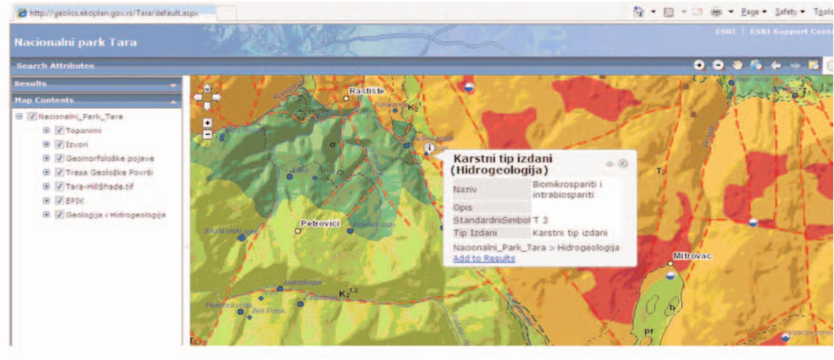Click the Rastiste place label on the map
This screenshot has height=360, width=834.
366,91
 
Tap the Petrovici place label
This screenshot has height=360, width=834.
320,223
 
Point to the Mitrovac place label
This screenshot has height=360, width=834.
692,256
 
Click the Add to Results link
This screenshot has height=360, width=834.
484,259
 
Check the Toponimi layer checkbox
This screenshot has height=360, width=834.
59,131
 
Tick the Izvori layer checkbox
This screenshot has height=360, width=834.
59,145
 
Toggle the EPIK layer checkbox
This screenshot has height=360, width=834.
59,201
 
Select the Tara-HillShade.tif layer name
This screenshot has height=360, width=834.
99,187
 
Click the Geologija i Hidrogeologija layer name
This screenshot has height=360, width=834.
116,215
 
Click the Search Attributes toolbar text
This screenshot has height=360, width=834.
55,66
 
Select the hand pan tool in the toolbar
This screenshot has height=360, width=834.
737,65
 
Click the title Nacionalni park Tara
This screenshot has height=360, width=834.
75,42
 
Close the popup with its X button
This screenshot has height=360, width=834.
623,164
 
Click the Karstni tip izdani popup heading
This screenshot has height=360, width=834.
503,164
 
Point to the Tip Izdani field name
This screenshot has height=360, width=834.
475,233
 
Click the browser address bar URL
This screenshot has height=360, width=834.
114,13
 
